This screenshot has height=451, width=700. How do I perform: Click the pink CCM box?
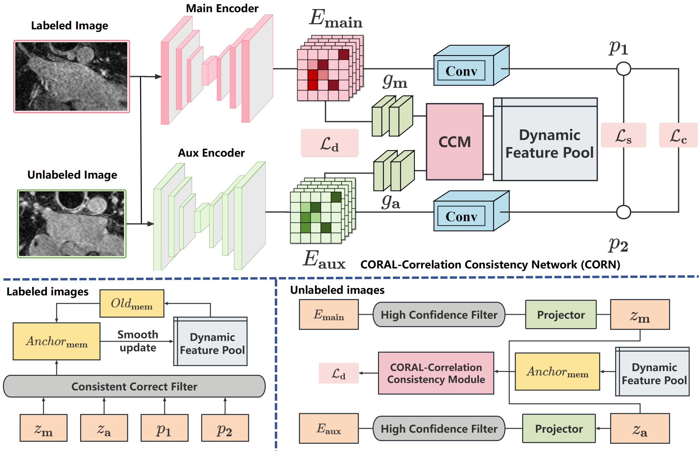click(454, 142)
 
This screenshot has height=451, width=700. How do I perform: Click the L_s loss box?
click(623, 135)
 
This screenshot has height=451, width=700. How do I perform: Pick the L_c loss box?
click(678, 135)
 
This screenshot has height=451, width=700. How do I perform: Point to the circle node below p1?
click(623, 69)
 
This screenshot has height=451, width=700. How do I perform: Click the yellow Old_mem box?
click(132, 303)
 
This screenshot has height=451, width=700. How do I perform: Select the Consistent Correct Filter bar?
click(134, 386)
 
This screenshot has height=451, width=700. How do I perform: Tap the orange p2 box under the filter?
click(225, 427)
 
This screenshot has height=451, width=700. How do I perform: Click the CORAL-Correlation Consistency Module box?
click(436, 373)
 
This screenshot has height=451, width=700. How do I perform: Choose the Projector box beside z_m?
click(560, 314)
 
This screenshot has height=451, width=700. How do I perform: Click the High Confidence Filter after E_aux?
click(439, 429)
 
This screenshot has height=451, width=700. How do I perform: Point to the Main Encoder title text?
click(222, 8)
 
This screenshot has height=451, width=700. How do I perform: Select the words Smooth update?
click(138, 341)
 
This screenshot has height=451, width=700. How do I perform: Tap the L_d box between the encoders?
click(329, 143)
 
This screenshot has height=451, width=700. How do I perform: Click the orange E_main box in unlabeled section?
click(329, 314)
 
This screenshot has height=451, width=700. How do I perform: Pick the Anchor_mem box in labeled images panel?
click(56, 341)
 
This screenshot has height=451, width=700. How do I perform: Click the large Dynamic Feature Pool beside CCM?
click(545, 140)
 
